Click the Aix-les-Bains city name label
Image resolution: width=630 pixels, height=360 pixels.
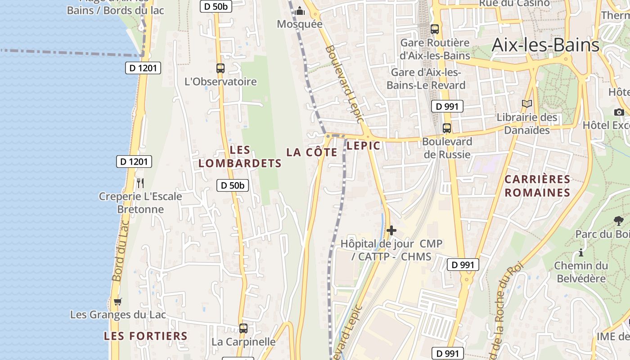[x=545, y=45]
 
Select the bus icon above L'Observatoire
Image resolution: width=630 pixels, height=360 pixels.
[x=220, y=68]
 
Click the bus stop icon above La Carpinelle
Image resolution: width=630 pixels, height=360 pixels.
[x=243, y=328]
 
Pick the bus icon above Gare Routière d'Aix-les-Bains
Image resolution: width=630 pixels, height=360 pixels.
[x=434, y=29]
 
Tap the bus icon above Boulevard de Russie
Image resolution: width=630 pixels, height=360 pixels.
[x=446, y=128]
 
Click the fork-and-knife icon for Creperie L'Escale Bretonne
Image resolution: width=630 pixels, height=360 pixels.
[x=140, y=183]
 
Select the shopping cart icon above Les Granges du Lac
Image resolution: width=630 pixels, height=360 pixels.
[x=117, y=301]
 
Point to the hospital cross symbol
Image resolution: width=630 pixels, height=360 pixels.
[x=391, y=230]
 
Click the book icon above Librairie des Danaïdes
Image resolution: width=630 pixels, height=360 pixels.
[x=526, y=104]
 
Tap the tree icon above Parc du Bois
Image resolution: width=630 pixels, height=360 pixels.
[x=619, y=221]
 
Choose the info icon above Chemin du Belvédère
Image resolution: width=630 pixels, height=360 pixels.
[x=581, y=252]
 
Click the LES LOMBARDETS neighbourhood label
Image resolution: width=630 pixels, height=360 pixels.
[x=240, y=157]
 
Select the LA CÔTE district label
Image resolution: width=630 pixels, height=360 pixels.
[x=312, y=152]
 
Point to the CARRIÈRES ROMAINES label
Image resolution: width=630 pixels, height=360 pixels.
[x=537, y=186]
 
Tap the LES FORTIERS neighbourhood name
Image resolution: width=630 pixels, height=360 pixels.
[x=145, y=336]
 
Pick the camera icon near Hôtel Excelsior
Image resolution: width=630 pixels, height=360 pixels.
[x=619, y=112]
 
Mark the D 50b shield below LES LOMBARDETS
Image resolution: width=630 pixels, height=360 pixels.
[x=233, y=185]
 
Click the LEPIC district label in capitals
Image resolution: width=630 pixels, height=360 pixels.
[x=364, y=145]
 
